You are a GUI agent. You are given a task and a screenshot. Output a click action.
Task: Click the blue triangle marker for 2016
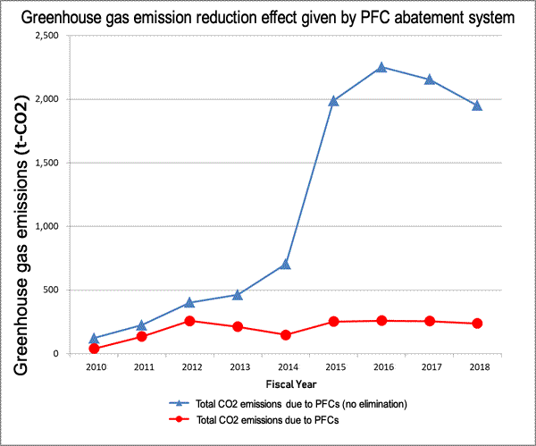coord(381,67)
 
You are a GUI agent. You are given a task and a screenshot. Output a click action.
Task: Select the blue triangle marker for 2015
coord(333,101)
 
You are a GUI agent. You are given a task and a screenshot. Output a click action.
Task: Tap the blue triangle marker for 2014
coord(285,264)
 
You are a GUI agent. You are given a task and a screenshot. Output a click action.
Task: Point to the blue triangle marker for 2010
coord(94,339)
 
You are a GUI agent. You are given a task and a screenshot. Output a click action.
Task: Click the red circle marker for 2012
coord(189,321)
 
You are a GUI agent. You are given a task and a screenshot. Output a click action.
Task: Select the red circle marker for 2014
coord(285,335)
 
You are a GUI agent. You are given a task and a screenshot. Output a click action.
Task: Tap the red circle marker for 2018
coord(477,324)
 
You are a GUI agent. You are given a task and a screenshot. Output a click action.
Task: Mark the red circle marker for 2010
coord(94,349)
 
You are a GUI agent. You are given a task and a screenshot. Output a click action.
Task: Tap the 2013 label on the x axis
coord(238,366)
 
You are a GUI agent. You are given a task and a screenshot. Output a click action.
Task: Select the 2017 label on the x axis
coord(430,366)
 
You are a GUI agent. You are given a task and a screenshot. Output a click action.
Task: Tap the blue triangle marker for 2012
coord(189,302)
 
